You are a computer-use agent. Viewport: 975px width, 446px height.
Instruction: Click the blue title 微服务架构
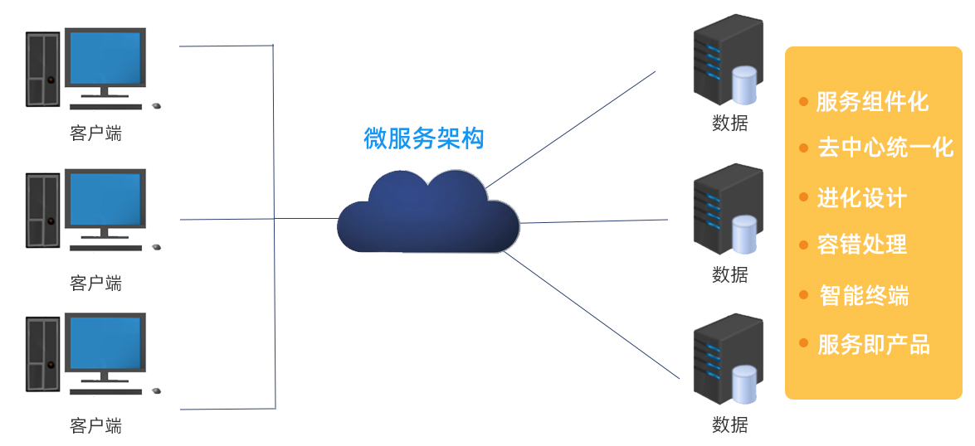point(423,138)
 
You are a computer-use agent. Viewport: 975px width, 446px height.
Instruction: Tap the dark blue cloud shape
point(427,214)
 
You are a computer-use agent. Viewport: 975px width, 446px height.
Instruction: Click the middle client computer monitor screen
point(105,199)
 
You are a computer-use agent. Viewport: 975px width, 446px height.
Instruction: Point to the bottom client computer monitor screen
point(105,342)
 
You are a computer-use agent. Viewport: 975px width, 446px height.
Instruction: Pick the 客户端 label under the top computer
point(95,133)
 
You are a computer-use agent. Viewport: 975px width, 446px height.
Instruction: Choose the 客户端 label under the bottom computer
point(95,426)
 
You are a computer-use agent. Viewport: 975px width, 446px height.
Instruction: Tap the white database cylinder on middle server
point(744,234)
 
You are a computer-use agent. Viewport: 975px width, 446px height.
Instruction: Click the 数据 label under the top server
point(730,123)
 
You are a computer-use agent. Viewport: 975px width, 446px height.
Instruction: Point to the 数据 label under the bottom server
point(730,424)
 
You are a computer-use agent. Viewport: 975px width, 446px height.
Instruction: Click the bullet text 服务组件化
point(872,102)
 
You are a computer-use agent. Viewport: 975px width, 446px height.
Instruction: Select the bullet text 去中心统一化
point(885,148)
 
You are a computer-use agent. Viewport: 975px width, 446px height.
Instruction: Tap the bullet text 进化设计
point(862,198)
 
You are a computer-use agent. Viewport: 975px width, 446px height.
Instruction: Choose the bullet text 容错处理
point(862,245)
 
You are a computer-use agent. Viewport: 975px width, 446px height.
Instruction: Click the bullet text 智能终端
point(864,295)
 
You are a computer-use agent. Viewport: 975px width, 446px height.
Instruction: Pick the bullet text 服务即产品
point(874,344)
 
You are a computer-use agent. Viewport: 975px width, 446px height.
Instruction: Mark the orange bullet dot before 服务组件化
point(803,101)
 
